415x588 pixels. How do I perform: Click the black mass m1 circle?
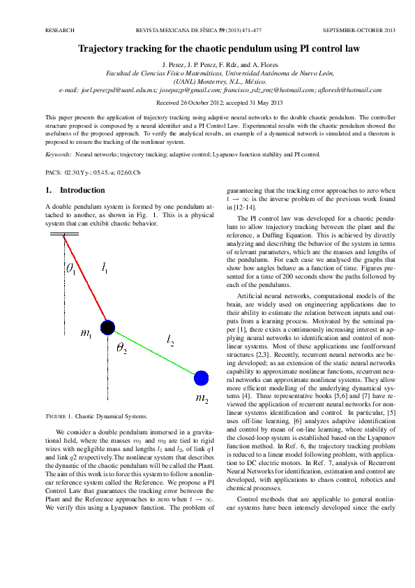pyautogui.click(x=107, y=328)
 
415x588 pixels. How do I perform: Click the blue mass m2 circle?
pyautogui.click(x=201, y=378)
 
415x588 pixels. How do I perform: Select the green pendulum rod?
pyautogui.click(x=154, y=353)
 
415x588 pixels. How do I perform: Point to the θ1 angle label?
pyautogui.click(x=70, y=267)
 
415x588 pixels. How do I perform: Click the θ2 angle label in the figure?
pyautogui.click(x=121, y=348)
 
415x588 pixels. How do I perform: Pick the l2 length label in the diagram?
pyautogui.click(x=171, y=340)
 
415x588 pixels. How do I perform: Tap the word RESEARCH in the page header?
pyautogui.click(x=59, y=31)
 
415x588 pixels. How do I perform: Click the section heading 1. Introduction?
pyautogui.click(x=75, y=190)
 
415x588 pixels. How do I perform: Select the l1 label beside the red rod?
pyautogui.click(x=105, y=267)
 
